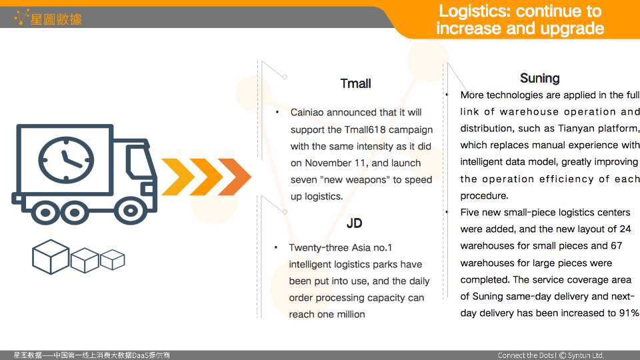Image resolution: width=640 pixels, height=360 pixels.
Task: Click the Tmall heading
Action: coord(355,84)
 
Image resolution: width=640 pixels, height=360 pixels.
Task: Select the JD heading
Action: coord(354,223)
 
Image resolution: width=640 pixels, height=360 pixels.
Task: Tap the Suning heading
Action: coord(539,79)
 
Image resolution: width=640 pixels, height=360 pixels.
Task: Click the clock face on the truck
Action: coord(66,159)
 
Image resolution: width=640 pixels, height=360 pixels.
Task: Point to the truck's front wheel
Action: coord(130,211)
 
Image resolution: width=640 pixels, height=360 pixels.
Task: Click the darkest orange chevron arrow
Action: coord(234,177)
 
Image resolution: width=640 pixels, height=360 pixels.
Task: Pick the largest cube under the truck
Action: coord(51,257)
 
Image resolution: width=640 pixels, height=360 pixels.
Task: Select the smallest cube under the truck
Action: coord(112,259)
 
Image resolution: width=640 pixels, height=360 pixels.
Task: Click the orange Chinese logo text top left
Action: coord(56,19)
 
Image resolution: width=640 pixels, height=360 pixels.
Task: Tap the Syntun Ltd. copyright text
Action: coord(581,355)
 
